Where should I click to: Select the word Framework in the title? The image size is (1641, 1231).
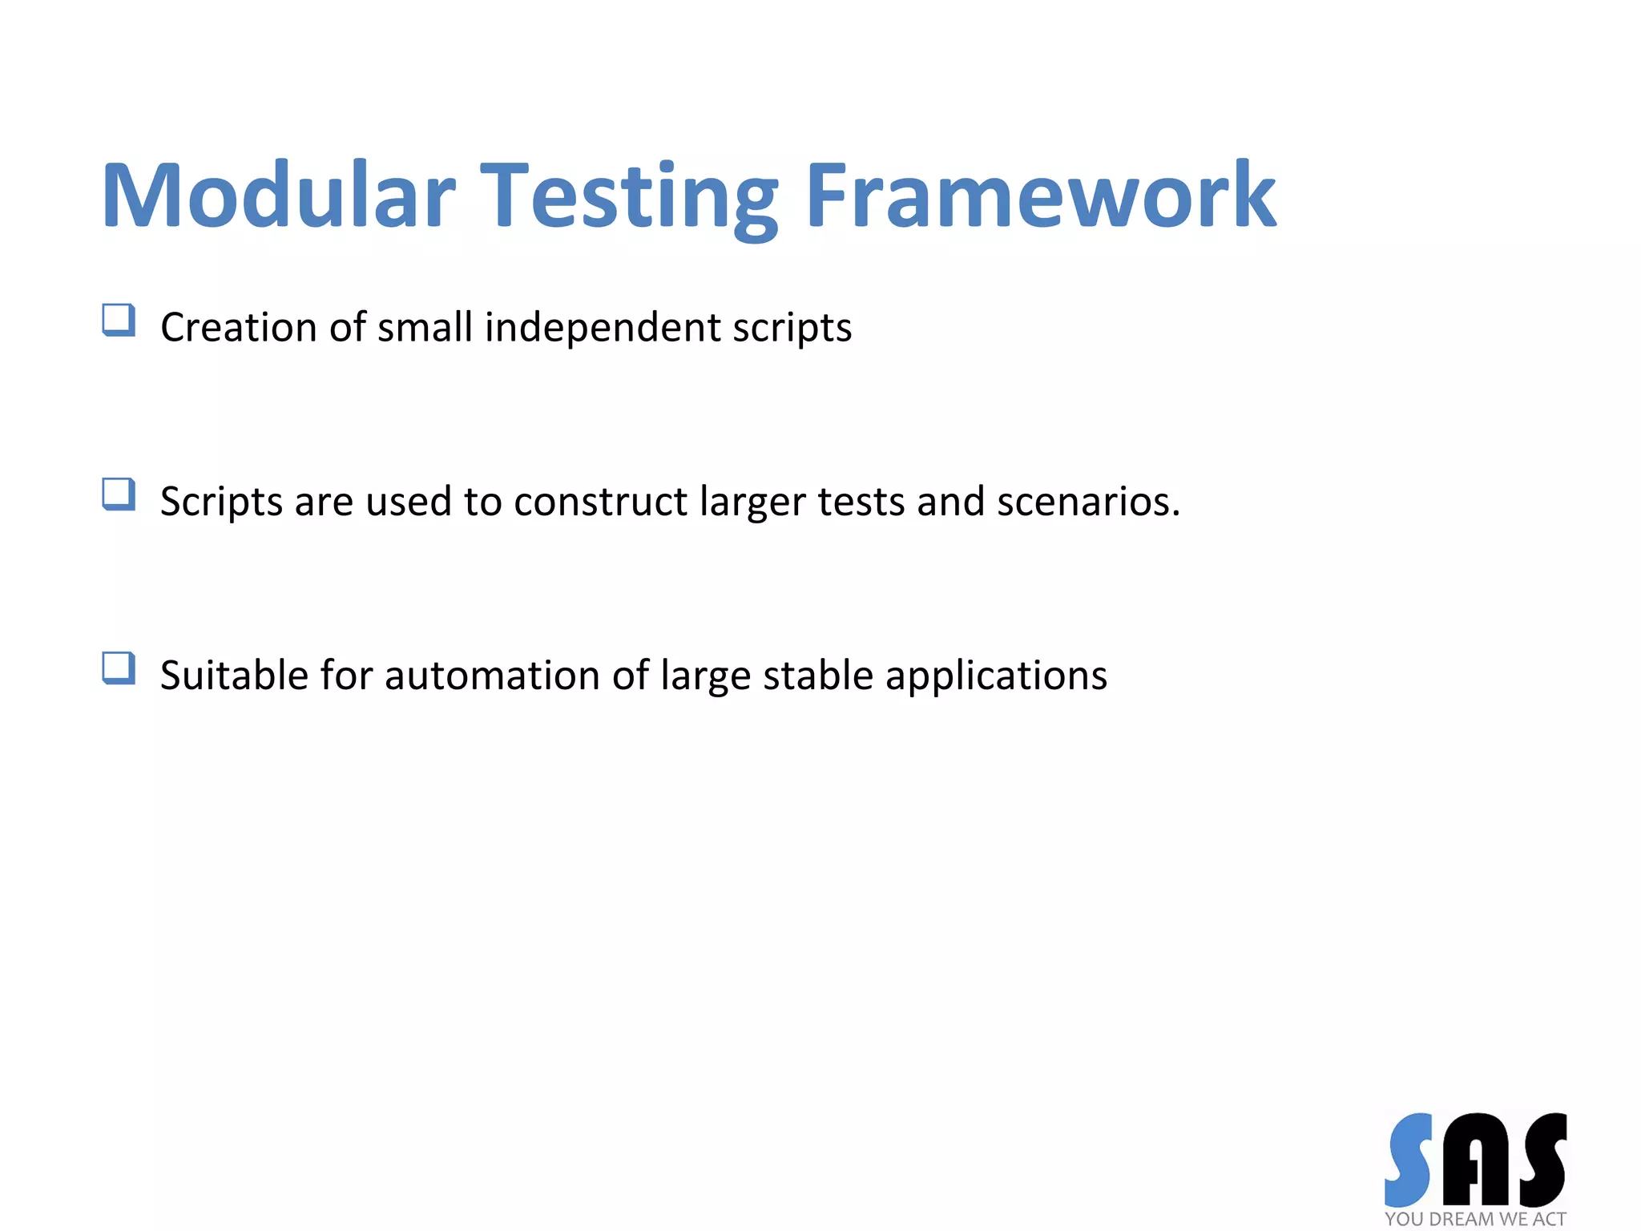[1040, 196]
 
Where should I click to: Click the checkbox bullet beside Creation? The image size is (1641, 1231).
[119, 321]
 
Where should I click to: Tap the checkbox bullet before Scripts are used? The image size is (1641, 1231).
[119, 494]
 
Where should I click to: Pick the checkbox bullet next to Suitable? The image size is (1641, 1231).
[119, 668]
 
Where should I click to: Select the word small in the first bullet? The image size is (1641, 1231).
[425, 327]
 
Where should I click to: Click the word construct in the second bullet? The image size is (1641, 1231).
[600, 502]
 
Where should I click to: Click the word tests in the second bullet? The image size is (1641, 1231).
[861, 502]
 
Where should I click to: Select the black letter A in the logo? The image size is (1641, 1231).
[1476, 1160]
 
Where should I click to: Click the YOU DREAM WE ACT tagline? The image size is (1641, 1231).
[1474, 1219]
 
